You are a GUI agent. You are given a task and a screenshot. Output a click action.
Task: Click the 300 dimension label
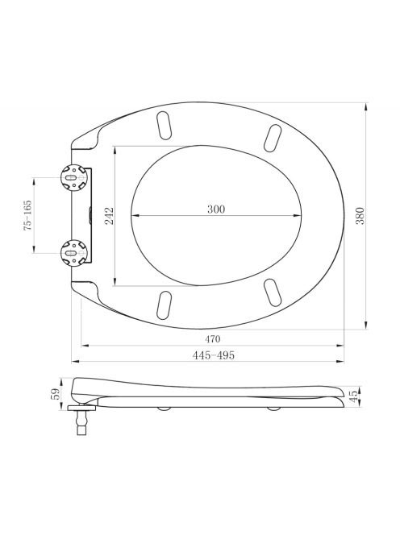pyautogui.click(x=216, y=209)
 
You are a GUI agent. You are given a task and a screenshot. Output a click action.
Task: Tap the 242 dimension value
pyautogui.click(x=110, y=216)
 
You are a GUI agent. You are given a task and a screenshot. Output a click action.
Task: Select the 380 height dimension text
pyautogui.click(x=360, y=216)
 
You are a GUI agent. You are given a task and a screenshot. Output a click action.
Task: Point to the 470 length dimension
pyautogui.click(x=212, y=339)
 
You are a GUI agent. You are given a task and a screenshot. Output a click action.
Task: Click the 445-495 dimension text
pyautogui.click(x=214, y=355)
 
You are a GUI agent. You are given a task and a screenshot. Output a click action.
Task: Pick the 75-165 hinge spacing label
pyautogui.click(x=27, y=216)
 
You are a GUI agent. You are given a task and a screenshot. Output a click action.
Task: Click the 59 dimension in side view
pyautogui.click(x=56, y=393)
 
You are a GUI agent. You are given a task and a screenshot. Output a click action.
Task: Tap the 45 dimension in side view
pyautogui.click(x=354, y=396)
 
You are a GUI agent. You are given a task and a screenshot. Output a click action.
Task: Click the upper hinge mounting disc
pyautogui.click(x=73, y=177)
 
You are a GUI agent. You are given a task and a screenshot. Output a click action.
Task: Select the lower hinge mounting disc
pyautogui.click(x=73, y=253)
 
